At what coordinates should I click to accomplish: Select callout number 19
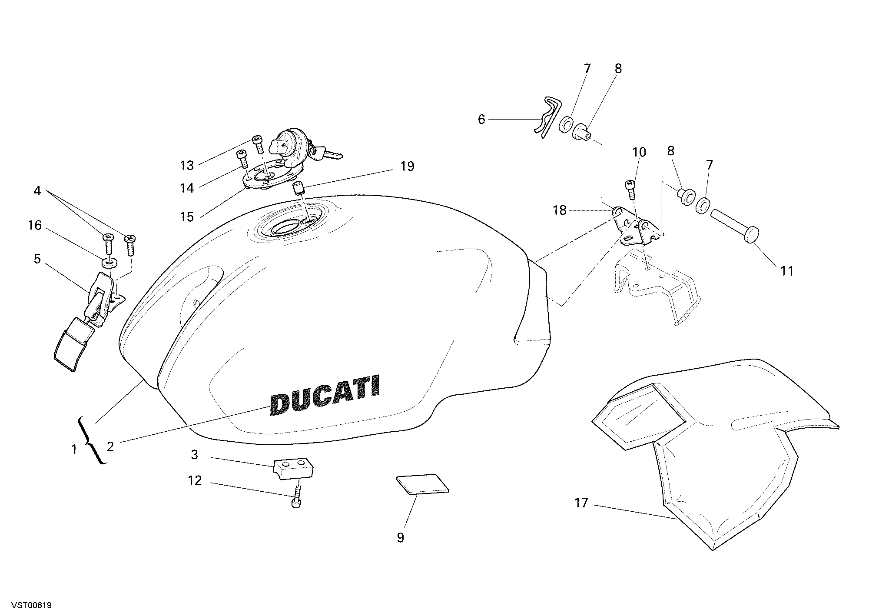[408, 166]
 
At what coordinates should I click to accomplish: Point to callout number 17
[581, 503]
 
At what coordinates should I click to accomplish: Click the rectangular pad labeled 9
[422, 484]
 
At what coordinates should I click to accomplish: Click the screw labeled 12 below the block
[296, 496]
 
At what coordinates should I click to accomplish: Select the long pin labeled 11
[735, 226]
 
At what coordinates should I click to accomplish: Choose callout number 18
[560, 210]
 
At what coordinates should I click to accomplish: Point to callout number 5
[37, 259]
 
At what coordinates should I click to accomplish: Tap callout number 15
[187, 217]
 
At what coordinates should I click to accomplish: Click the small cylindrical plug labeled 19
[297, 190]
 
